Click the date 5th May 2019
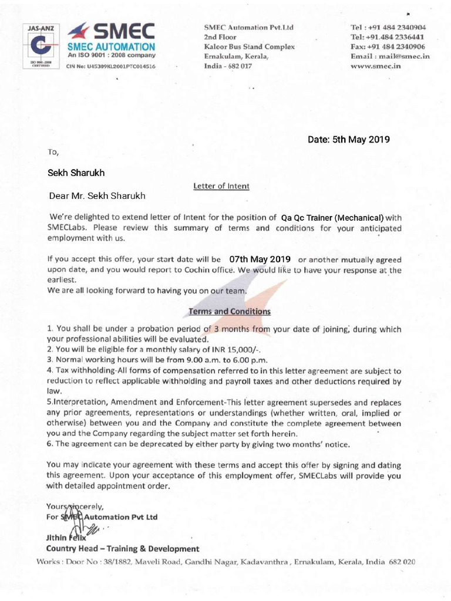tap(349, 140)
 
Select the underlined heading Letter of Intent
tap(221, 186)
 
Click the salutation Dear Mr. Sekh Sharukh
tap(97, 195)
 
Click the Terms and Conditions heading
tap(229, 311)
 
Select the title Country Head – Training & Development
tap(122, 549)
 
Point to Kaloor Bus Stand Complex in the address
tap(249, 47)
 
